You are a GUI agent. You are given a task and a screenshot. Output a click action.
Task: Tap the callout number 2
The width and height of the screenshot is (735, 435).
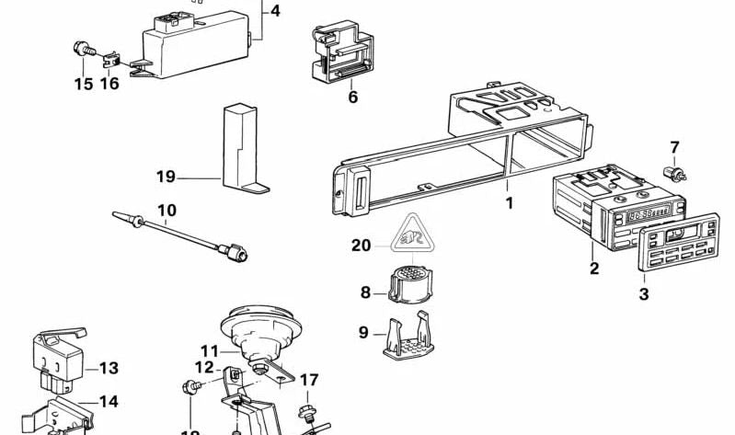coord(594,269)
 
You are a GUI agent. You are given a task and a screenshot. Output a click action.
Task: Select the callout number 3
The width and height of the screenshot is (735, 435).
coord(644,293)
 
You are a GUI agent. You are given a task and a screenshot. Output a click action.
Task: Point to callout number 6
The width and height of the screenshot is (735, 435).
coord(352,97)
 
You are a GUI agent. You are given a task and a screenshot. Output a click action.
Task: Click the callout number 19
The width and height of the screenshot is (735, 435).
coord(166,177)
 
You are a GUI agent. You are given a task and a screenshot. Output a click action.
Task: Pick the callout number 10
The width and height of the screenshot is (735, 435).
coord(167,210)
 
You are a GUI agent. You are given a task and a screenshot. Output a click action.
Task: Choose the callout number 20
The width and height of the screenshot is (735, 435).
coord(361,245)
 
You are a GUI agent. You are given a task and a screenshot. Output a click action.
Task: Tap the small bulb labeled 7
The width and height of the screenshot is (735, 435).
coord(681,172)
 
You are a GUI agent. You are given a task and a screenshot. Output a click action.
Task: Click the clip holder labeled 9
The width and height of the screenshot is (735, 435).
coord(407,337)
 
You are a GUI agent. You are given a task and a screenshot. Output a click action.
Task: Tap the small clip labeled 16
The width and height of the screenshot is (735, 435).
coord(110,61)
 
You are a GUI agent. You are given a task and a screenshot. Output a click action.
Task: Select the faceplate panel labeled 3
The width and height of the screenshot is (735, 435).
coord(682,241)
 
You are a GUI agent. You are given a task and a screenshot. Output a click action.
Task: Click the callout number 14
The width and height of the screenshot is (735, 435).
coord(109,401)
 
